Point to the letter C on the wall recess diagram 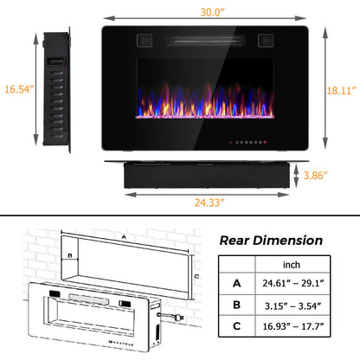tap(197, 275)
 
